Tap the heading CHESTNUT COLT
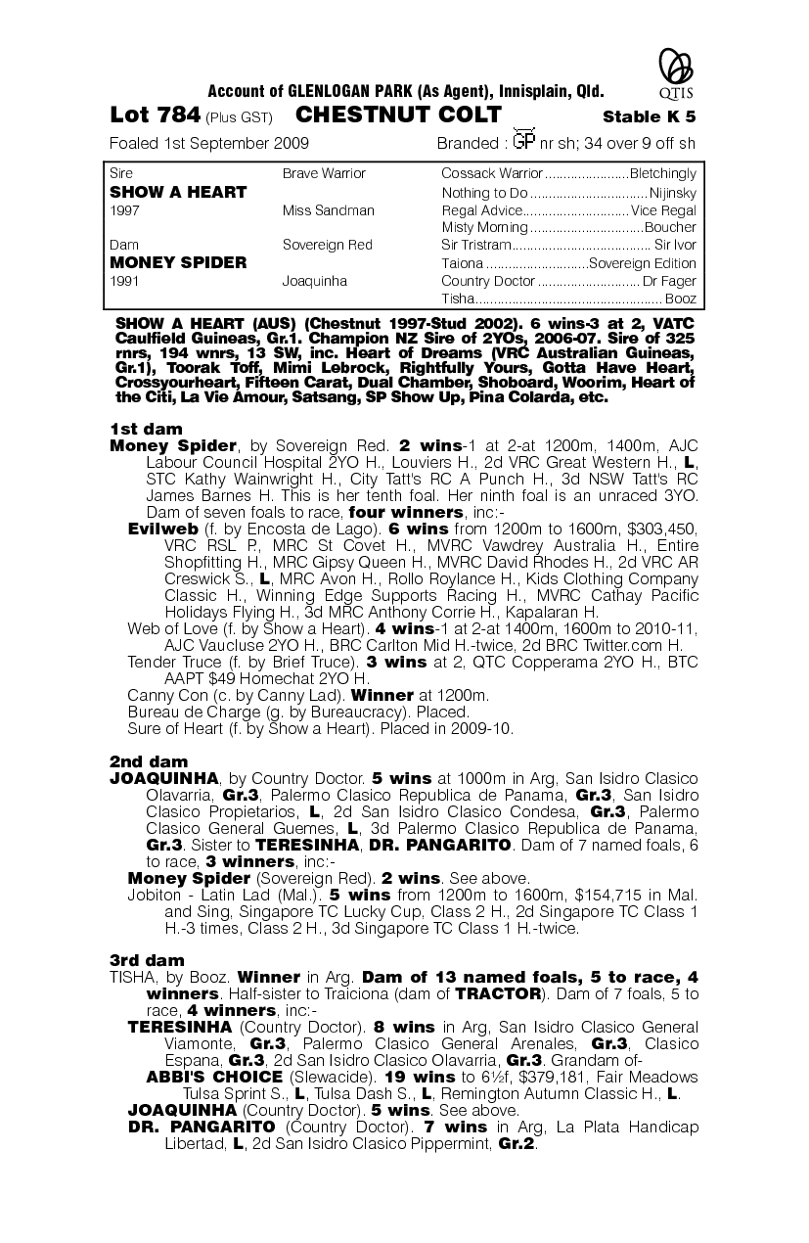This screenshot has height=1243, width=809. click(x=398, y=115)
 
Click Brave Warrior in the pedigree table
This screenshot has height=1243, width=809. click(x=324, y=174)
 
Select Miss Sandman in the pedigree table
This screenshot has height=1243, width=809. click(x=328, y=210)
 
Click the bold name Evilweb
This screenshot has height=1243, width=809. click(x=163, y=529)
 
